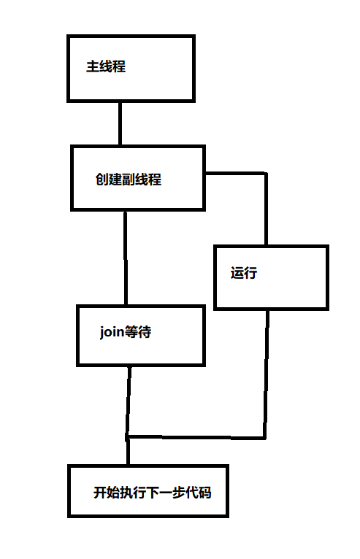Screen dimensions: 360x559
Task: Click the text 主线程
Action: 106,66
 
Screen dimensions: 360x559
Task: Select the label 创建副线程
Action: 129,179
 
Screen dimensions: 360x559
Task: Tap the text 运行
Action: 244,273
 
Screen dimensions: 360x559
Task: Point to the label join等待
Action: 126,332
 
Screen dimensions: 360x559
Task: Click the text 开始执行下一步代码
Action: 153,493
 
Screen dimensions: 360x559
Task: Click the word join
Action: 112,332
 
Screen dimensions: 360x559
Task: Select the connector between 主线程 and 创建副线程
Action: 120,124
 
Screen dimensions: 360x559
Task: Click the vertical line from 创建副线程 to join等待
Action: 126,258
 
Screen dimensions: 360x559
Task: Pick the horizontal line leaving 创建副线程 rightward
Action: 236,174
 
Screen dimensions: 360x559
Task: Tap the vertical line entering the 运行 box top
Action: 266,209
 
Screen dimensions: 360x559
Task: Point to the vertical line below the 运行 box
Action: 266,374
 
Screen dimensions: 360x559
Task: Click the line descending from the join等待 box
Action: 129,401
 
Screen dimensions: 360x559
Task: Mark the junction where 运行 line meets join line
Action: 127,436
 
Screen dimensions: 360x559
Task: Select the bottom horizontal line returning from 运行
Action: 196,436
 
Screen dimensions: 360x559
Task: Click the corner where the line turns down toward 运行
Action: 266,174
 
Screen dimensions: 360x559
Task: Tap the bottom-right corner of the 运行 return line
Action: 265,437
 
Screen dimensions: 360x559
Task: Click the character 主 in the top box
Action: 93,66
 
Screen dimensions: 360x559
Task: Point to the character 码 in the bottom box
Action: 205,493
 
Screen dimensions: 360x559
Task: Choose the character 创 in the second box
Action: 102,179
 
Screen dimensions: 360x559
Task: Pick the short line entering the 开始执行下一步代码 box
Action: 128,451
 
